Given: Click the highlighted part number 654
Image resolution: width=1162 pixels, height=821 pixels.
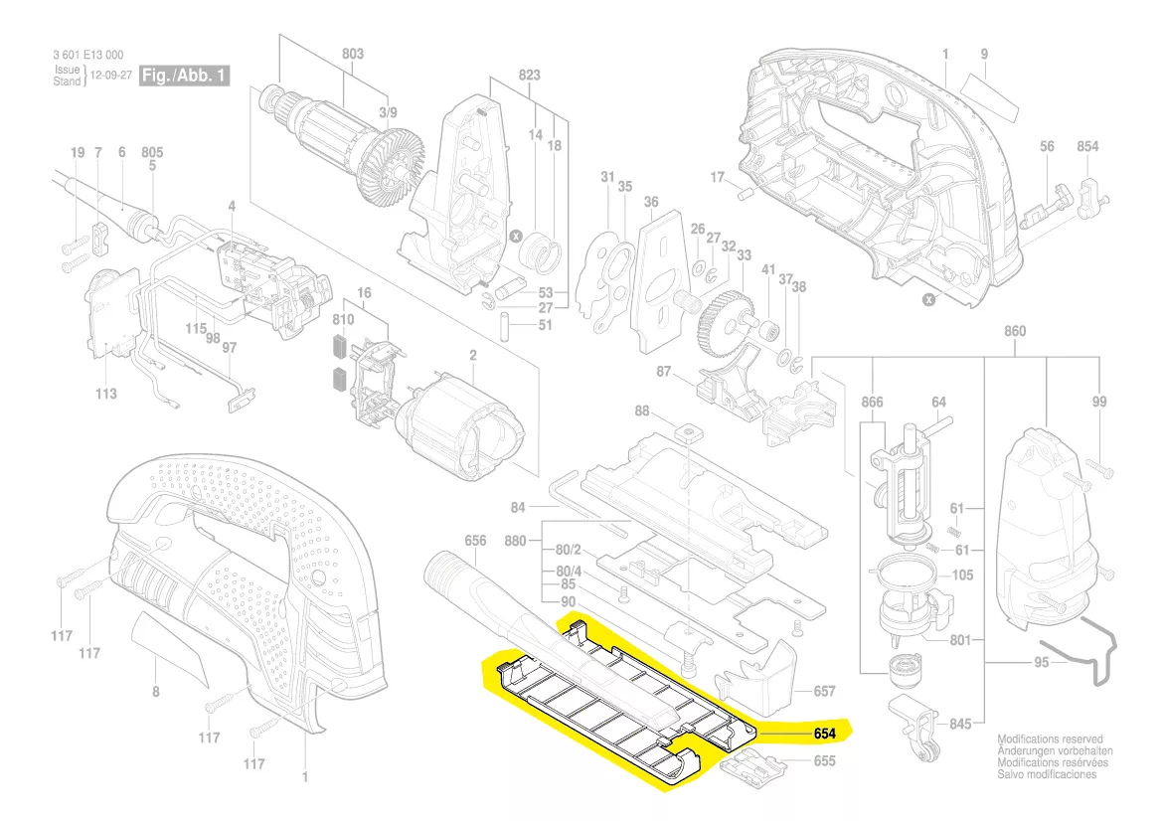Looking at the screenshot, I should click(823, 735).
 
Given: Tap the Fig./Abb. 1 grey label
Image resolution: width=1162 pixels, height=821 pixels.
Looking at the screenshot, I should click(185, 76).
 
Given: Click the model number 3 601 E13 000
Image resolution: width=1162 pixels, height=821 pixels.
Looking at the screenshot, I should click(89, 55).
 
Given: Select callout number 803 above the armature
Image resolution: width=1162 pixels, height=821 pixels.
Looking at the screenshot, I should click(325, 54).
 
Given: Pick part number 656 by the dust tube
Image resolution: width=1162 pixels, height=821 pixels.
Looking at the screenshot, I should click(475, 540).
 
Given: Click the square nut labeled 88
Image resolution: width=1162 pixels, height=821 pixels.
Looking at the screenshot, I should click(685, 433).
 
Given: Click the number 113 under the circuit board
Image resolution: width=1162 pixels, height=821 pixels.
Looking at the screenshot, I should click(106, 394).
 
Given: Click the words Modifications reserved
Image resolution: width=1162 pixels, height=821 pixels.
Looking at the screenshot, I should click(1051, 739).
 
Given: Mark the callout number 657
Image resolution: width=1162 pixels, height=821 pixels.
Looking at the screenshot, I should click(824, 691).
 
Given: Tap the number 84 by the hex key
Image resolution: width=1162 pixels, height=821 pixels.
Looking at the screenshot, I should click(518, 508).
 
